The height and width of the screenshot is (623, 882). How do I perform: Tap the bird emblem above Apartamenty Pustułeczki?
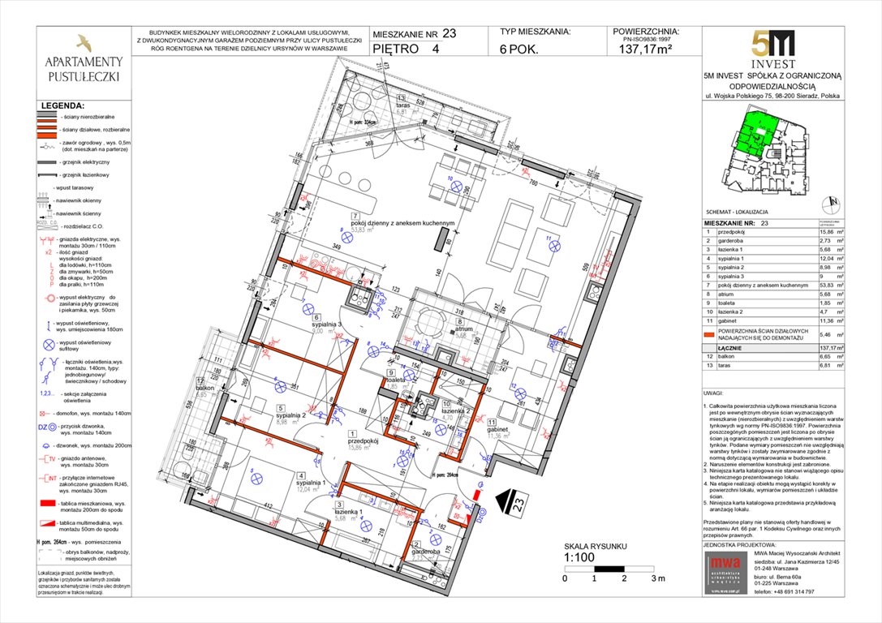83,42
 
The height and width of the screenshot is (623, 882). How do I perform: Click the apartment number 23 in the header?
449,33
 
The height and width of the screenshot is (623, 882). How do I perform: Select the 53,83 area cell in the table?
818,285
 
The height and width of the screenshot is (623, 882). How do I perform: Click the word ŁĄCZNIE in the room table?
718,346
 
